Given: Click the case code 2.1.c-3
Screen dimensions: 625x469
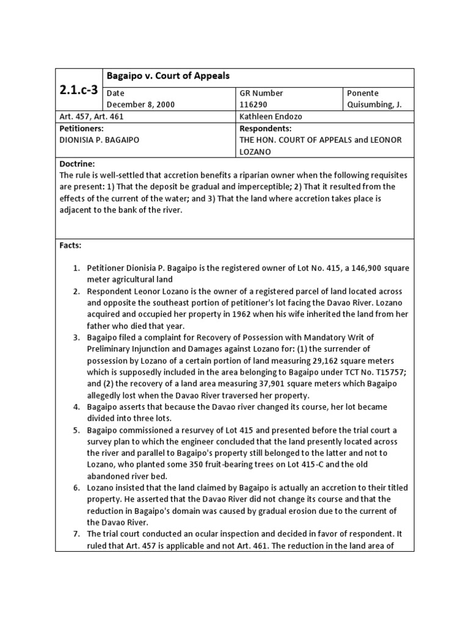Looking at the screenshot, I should click(79, 89).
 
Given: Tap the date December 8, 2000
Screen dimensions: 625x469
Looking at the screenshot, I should click(140, 104).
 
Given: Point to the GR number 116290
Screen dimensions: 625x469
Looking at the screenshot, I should click(253, 104).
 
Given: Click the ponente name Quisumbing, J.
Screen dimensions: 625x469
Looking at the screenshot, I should click(374, 104).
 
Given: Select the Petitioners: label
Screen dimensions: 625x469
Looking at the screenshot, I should click(81, 129).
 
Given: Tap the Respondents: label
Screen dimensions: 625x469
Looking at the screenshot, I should click(266, 129).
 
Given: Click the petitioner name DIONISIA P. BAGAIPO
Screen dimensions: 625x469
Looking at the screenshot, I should click(100, 140).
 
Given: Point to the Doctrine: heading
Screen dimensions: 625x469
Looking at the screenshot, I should click(78, 164).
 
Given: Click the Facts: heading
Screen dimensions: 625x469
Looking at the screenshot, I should click(70, 245).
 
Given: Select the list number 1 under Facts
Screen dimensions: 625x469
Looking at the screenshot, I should click(76, 268).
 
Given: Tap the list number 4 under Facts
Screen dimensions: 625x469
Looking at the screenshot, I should click(76, 406).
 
